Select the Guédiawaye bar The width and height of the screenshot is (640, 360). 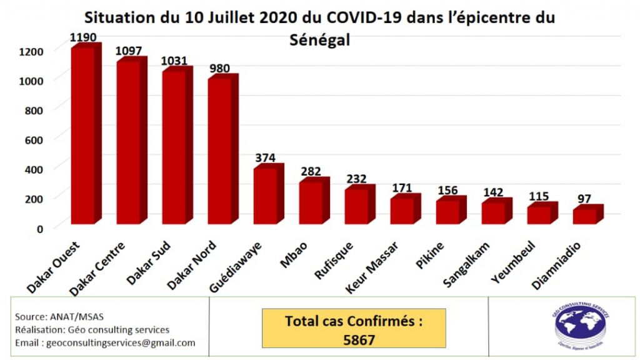point(266,196)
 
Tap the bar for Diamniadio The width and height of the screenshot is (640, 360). point(586,216)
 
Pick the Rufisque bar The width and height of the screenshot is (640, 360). point(357,206)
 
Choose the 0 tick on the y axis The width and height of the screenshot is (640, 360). point(39,228)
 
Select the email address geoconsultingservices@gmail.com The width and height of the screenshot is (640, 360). point(105,343)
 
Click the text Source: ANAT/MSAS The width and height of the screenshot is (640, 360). point(51,316)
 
